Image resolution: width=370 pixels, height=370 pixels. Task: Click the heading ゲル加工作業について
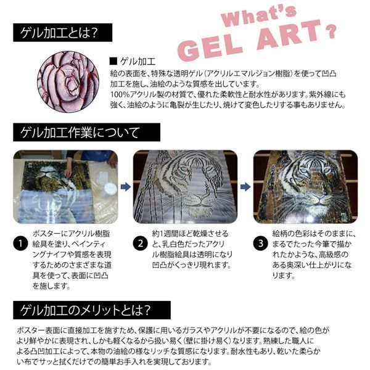click(80, 131)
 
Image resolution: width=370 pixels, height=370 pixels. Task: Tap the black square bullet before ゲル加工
click(112, 61)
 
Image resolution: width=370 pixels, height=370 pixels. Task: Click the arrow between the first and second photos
click(124, 184)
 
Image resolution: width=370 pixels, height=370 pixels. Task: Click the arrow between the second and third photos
click(244, 184)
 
